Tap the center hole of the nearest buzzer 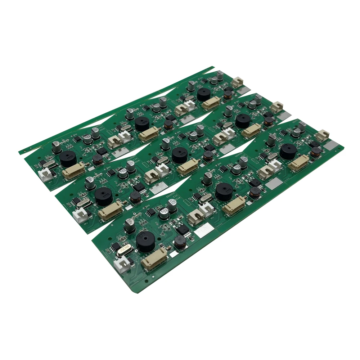tap(146, 238)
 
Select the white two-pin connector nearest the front tap(121, 266)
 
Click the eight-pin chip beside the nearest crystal tap(116, 246)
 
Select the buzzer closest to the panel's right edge tap(288, 151)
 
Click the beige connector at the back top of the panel tap(238, 82)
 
